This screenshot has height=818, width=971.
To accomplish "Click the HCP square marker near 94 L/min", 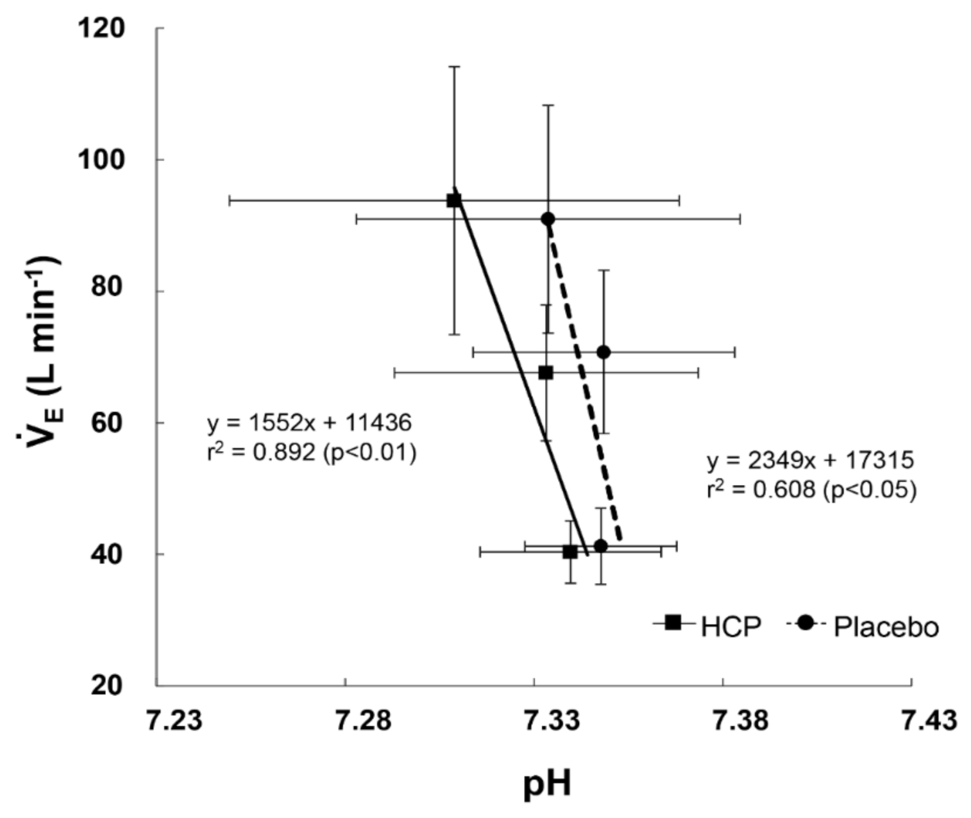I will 454,200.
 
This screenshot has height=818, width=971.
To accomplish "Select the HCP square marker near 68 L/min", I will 546,372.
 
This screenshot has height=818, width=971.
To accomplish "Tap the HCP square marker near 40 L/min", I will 570,552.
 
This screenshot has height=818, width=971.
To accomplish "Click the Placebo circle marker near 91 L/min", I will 548,219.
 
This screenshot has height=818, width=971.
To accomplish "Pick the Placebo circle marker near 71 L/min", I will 604,352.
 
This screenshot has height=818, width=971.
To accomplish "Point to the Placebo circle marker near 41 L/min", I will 601,546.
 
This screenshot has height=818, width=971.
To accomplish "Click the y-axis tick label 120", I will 101,28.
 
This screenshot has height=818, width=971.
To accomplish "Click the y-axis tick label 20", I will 108,685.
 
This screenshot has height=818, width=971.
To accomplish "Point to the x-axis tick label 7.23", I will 174,720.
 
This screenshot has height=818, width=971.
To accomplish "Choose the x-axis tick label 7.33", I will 552,720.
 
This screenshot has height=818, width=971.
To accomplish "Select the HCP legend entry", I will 707,626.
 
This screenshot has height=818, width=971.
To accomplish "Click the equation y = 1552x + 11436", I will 309,423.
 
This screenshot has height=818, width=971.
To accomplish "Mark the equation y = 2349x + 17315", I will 810,460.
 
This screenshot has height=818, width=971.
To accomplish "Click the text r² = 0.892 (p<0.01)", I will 311,453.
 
